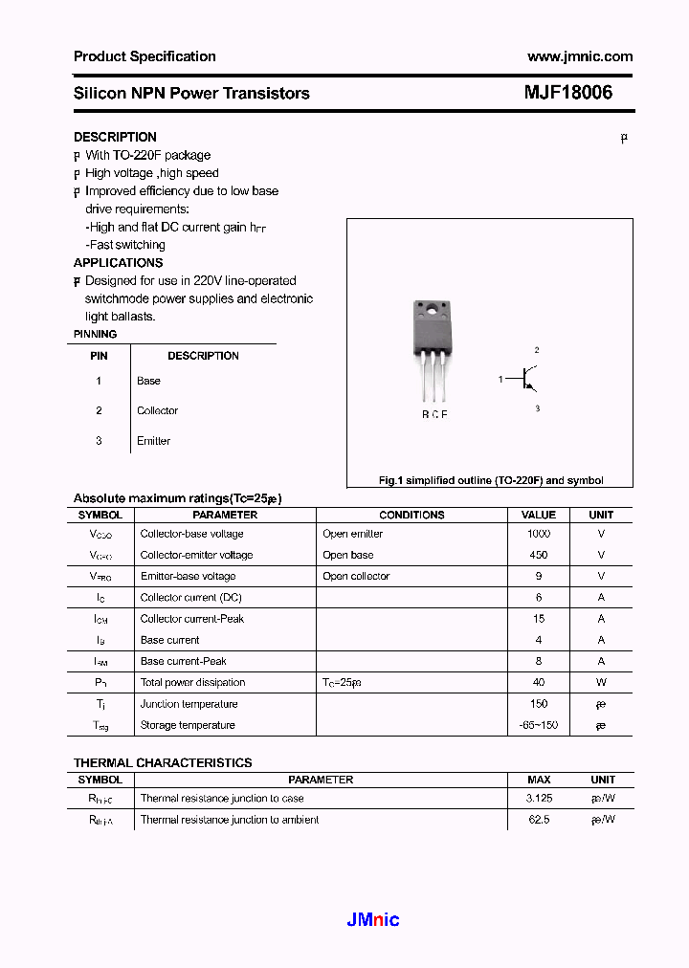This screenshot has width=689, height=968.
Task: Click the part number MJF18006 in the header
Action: tap(567, 93)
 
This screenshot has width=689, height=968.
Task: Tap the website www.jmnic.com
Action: tap(580, 56)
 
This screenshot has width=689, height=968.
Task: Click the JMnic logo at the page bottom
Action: tap(372, 920)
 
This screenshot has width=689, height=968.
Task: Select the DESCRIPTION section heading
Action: tap(115, 137)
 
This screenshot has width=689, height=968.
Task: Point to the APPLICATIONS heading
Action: tap(118, 262)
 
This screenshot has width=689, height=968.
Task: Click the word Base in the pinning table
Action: tap(148, 381)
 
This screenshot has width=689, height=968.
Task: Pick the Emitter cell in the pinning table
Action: tap(153, 441)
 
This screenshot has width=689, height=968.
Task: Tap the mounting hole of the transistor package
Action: tap(433, 310)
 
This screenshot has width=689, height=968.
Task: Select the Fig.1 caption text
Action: tap(491, 480)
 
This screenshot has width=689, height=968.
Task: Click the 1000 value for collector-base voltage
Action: tap(539, 534)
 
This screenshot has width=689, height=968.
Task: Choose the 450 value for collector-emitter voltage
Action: tap(539, 555)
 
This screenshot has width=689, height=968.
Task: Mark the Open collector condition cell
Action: tap(356, 576)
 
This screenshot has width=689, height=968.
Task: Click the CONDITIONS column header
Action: tap(411, 515)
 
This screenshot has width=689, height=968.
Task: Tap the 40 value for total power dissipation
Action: tap(539, 682)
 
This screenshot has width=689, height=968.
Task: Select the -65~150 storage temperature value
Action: tap(539, 725)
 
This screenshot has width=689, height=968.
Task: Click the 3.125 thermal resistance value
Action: tap(539, 798)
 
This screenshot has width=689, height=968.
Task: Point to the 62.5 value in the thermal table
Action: tap(539, 820)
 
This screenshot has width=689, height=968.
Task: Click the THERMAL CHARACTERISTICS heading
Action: tap(163, 762)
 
